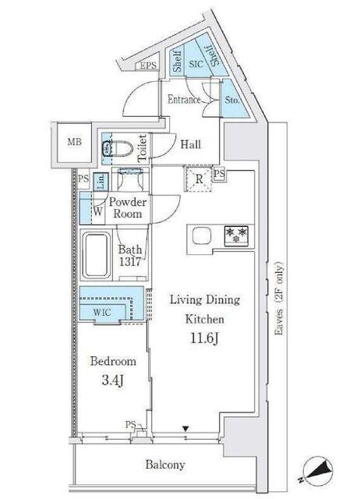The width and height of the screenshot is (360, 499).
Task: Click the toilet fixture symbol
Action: click(x=118, y=149)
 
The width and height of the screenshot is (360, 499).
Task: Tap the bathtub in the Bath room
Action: click(x=97, y=255)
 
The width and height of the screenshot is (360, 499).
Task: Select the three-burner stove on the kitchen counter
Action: click(x=236, y=235)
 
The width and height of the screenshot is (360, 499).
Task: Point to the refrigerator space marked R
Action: click(x=199, y=179)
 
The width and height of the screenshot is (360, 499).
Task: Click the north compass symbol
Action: click(x=317, y=470)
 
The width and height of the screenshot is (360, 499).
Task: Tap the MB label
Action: click(x=75, y=142)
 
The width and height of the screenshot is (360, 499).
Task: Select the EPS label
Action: click(x=148, y=65)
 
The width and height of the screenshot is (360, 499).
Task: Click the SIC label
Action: click(x=196, y=64)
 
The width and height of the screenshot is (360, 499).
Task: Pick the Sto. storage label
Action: click(x=232, y=101)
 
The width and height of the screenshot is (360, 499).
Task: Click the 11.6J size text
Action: click(x=204, y=338)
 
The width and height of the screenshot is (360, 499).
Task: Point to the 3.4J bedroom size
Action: click(x=113, y=380)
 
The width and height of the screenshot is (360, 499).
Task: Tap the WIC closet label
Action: click(x=102, y=312)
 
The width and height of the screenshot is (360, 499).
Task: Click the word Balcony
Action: click(x=165, y=465)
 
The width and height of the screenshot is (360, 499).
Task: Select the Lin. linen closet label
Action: click(x=101, y=182)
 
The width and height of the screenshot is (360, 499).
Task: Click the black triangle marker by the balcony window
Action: click(x=185, y=429)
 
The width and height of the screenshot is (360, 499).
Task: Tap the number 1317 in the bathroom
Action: click(x=130, y=262)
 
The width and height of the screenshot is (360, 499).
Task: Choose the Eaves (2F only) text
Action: click(x=279, y=298)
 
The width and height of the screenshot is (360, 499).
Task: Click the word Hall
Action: click(x=191, y=144)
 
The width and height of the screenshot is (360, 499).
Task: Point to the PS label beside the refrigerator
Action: click(x=219, y=173)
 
